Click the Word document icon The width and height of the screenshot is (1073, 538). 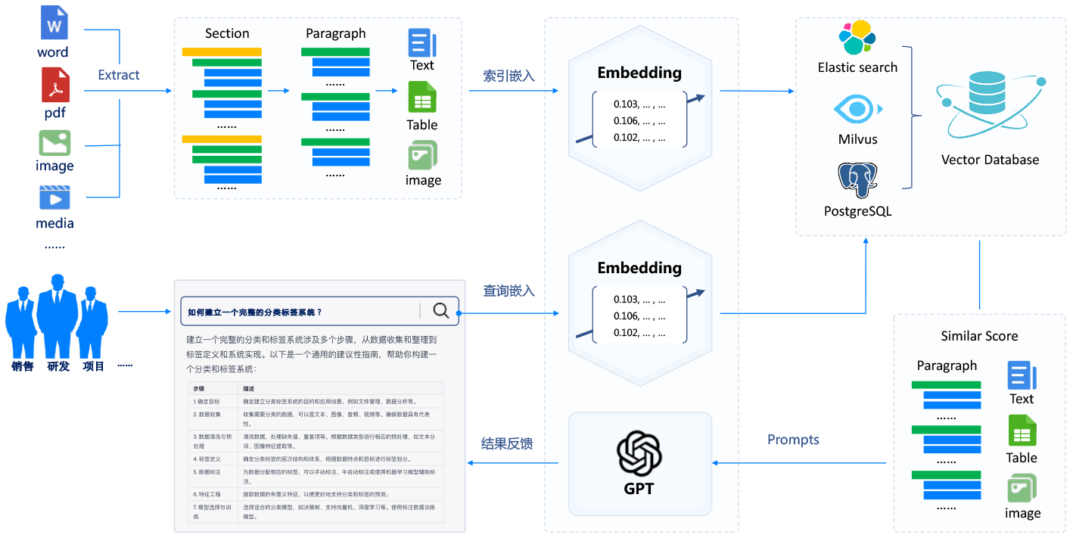tap(54, 24)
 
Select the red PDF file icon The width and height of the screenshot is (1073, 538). tap(54, 85)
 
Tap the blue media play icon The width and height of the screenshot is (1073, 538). tap(54, 197)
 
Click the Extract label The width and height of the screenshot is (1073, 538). tap(119, 75)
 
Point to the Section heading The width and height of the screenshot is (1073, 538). tap(227, 33)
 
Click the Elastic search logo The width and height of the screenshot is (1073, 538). tap(857, 38)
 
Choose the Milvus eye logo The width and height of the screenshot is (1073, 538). tap(857, 110)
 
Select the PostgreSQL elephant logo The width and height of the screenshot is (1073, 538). tap(857, 180)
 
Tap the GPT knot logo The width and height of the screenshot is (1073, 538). tap(639, 453)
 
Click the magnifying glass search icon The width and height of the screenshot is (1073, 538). tap(440, 310)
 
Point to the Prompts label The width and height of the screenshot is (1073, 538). tap(793, 440)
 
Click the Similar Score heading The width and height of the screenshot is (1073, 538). tap(979, 336)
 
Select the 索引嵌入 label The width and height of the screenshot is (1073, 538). tap(509, 76)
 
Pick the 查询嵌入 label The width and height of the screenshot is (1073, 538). tap(509, 291)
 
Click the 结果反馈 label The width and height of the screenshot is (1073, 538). tap(507, 443)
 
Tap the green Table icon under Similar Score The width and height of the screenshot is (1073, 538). tap(1022, 431)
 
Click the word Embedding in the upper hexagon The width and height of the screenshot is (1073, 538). tap(639, 73)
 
